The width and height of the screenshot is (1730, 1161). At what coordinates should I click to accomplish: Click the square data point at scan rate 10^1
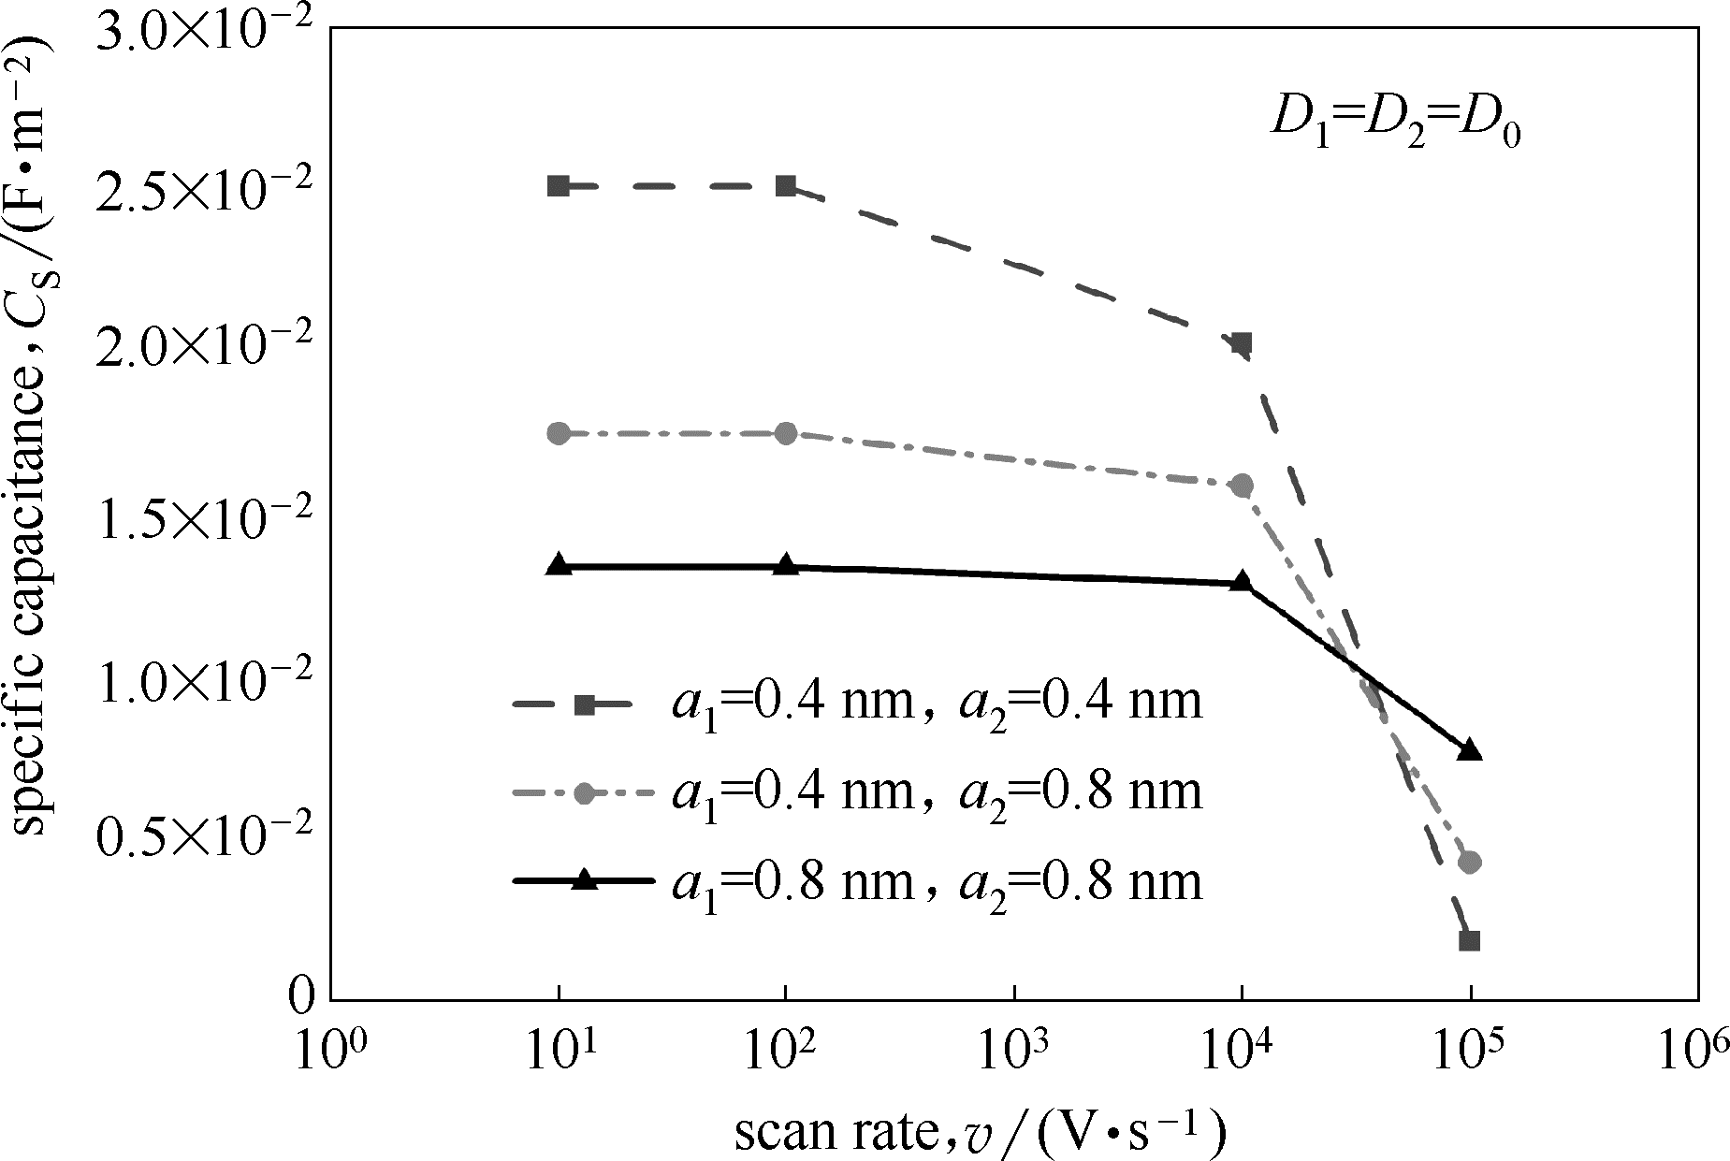[559, 185]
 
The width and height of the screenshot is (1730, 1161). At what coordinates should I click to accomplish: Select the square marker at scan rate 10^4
[1242, 343]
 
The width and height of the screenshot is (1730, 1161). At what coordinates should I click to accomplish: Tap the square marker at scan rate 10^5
[1470, 940]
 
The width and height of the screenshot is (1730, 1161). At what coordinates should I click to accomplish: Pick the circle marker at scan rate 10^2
[786, 433]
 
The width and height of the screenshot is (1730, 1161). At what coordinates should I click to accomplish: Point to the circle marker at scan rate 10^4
[1242, 485]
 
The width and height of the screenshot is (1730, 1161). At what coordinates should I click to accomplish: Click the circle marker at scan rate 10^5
[1470, 862]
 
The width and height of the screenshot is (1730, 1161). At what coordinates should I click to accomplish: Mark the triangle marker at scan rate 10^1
[559, 565]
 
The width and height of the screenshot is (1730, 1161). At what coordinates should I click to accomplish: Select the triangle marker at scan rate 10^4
[1242, 582]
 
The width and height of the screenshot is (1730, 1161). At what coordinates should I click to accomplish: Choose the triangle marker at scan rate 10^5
[1470, 750]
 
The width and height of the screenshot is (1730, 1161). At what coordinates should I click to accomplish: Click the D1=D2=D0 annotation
[1394, 123]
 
